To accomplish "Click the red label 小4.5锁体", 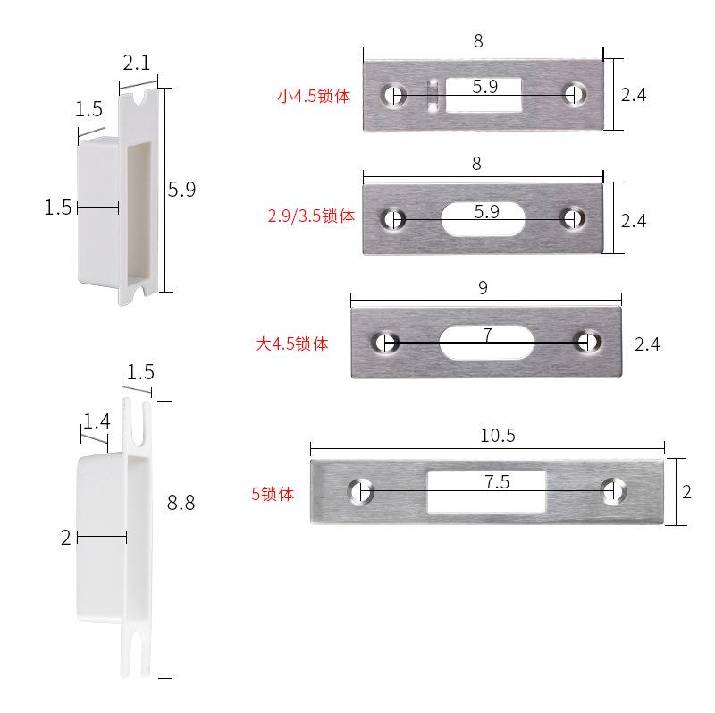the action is coord(314,97).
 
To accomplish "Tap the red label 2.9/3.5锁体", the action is coord(311,216).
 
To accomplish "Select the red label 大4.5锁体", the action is coord(292,344).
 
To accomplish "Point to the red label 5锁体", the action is coord(273,494).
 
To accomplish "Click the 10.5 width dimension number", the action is coord(498,436).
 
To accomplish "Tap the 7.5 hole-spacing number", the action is coord(497,481).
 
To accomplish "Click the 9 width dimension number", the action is coord(483,287).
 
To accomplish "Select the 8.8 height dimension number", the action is coord(181,503).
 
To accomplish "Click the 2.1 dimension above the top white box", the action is coord(137,62).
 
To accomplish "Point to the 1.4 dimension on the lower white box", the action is coord(97,420).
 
